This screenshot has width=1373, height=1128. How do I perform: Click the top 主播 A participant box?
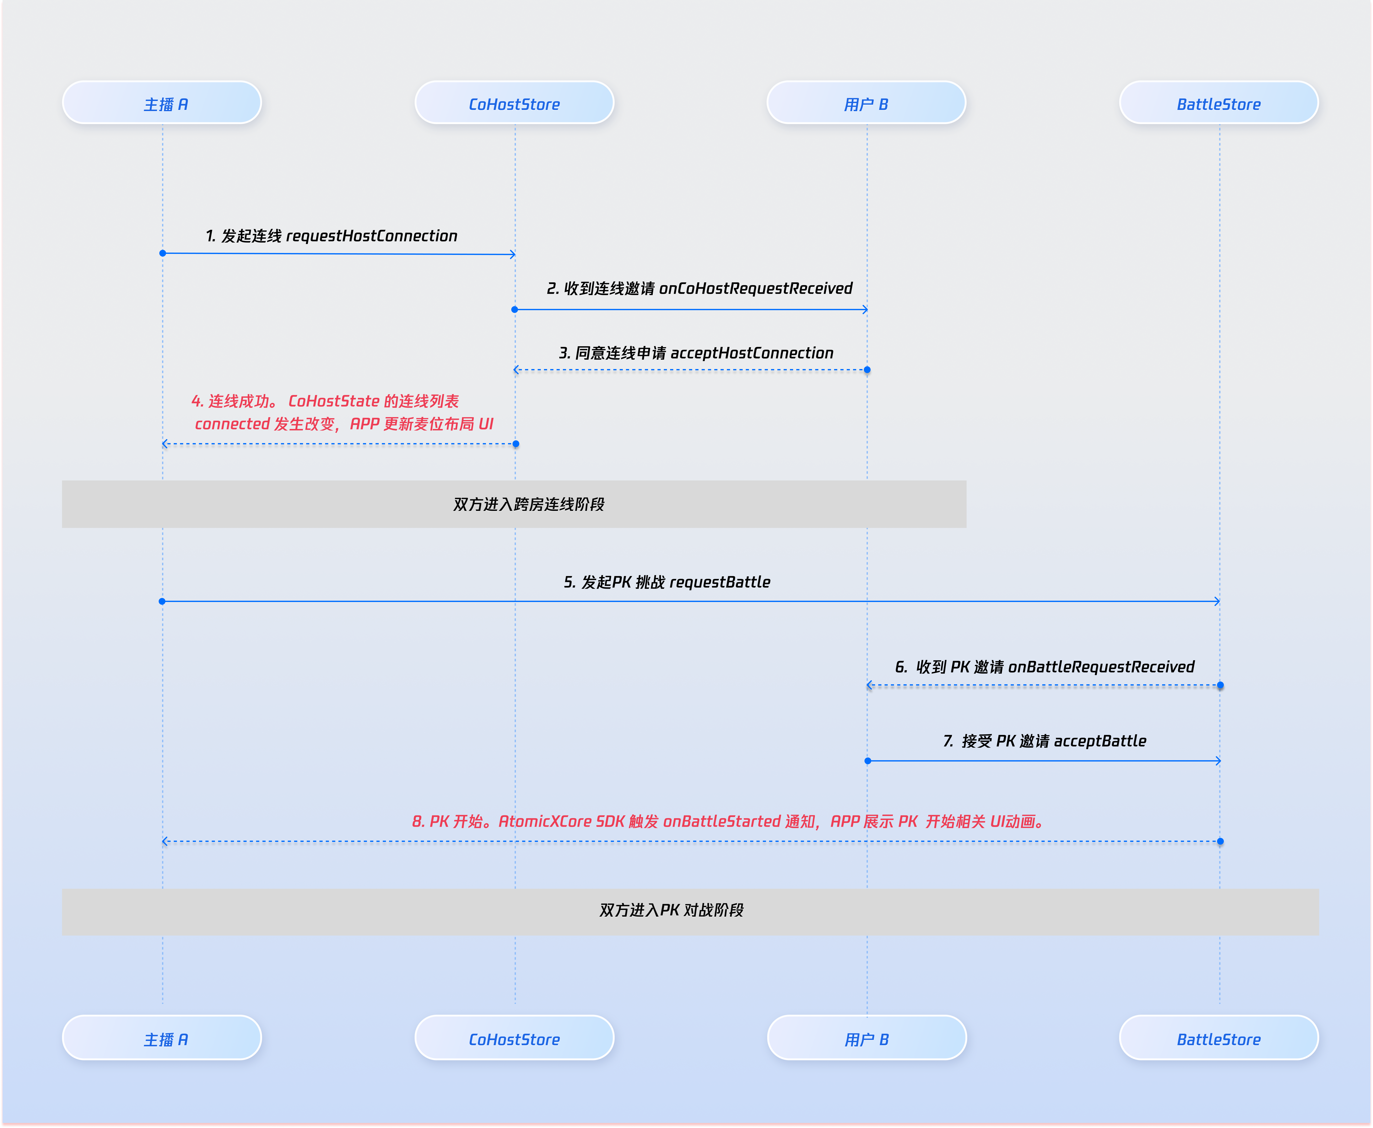click(162, 103)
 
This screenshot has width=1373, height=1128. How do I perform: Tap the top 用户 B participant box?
click(866, 103)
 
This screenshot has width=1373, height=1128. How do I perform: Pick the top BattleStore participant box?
click(1218, 103)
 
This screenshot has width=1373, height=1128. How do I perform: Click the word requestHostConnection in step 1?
click(372, 236)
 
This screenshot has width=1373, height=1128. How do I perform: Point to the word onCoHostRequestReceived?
click(756, 288)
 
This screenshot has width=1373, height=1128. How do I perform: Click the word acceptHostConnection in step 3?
click(752, 353)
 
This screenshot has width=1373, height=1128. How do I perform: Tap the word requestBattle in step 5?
click(720, 582)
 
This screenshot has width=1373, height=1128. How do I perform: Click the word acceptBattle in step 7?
click(1100, 741)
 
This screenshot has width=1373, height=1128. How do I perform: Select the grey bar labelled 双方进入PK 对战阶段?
click(690, 912)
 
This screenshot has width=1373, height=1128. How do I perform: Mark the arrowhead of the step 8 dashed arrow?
click(165, 841)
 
